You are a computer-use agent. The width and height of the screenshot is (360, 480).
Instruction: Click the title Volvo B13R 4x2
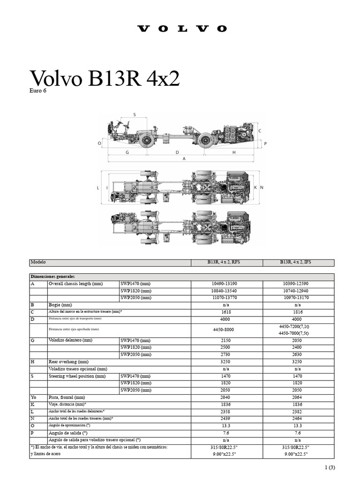tap(105, 78)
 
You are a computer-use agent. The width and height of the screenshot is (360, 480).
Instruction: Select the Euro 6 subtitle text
tap(38, 90)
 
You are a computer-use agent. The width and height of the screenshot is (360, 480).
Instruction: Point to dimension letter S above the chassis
tap(135, 114)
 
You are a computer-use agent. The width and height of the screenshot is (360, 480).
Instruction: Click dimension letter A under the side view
tap(184, 159)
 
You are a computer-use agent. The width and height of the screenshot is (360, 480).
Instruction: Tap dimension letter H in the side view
tap(234, 152)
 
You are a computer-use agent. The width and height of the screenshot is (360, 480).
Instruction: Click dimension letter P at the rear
tap(265, 143)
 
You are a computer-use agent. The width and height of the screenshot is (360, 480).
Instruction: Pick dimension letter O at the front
tap(99, 143)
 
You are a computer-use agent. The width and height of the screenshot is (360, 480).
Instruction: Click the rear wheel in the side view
tap(205, 140)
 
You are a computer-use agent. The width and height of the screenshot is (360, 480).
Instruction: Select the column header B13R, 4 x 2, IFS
tap(298, 263)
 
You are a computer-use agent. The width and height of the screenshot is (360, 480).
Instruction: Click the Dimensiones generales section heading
tap(52, 277)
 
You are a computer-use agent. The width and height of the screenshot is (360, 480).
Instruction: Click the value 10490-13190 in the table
tap(227, 284)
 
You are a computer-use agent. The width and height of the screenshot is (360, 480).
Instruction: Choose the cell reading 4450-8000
tap(227, 330)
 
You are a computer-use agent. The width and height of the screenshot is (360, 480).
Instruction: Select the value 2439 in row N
tap(227, 418)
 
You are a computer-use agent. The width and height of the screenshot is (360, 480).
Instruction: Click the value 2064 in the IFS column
tap(298, 397)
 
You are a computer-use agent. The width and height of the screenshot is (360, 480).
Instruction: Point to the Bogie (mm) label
tap(60, 304)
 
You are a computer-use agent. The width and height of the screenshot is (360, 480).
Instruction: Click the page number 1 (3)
tap(330, 467)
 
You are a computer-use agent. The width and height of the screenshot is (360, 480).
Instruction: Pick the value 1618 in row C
tap(227, 312)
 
